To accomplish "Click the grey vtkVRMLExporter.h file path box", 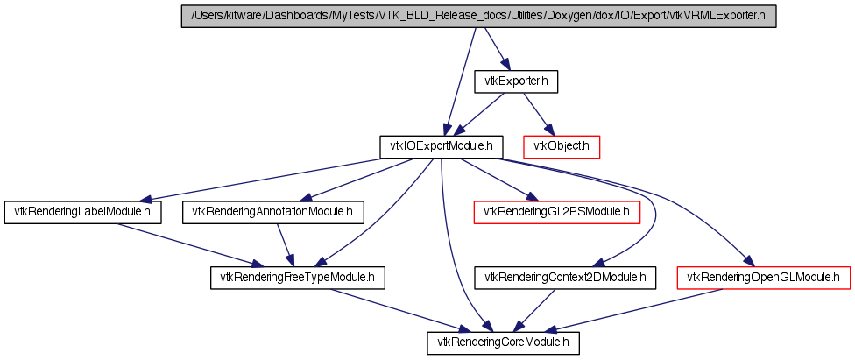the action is [x=478, y=17].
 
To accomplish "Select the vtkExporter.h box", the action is [x=516, y=81].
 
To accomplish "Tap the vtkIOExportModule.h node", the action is [x=442, y=147].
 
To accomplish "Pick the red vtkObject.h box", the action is [x=562, y=147].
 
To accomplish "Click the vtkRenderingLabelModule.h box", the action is [x=83, y=212].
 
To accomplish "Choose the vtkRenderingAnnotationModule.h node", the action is [x=272, y=212].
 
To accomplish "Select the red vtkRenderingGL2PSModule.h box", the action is [x=556, y=212].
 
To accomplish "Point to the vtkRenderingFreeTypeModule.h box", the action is [x=298, y=278].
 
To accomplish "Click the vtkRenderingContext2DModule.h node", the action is [x=565, y=278].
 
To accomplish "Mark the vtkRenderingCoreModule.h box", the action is [x=503, y=343].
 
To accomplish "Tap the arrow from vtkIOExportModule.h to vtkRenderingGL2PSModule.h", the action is [x=496, y=180].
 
